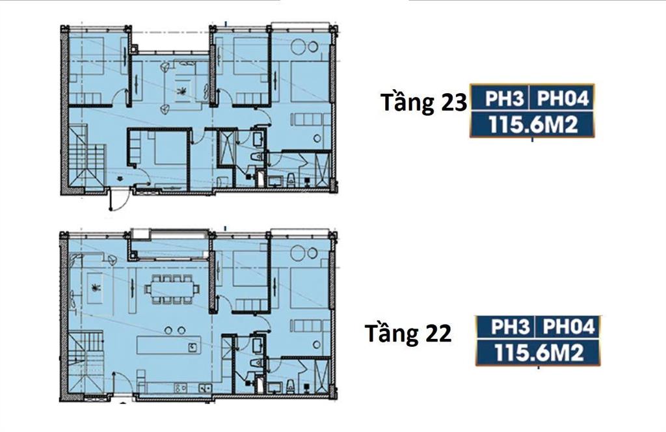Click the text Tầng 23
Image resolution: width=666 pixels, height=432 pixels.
coord(423,103)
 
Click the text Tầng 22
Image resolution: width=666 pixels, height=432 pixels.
coord(408,334)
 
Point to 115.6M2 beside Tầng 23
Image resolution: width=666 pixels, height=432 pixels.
coord(533,124)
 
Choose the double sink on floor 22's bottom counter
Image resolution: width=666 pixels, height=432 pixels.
coord(204,388)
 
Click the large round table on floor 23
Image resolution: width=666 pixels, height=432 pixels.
coord(302,47)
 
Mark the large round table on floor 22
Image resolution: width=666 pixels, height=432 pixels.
coord(302,254)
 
